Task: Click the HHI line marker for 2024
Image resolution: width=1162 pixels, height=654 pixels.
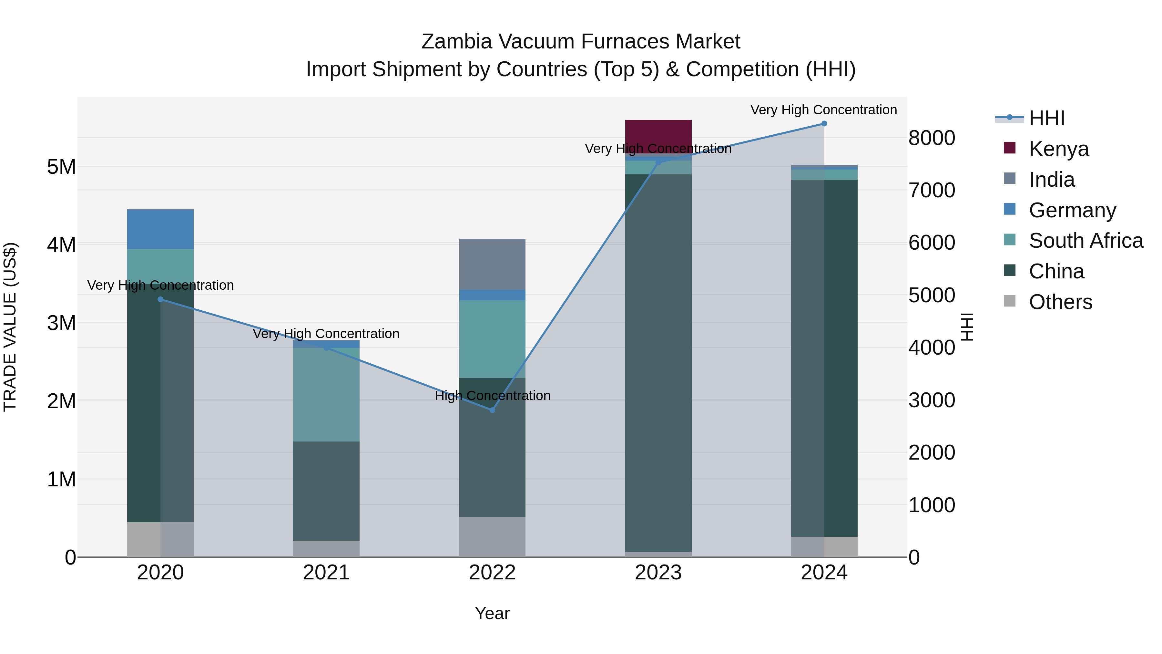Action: tap(824, 124)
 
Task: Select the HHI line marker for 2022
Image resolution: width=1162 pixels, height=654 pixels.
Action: tap(492, 410)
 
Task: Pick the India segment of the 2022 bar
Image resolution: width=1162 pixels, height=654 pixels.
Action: tap(492, 264)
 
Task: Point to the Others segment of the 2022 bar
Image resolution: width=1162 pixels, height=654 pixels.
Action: tap(492, 537)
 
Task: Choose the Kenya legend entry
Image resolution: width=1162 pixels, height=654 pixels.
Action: tap(1058, 149)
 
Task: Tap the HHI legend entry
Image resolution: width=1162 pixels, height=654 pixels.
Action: tap(1046, 118)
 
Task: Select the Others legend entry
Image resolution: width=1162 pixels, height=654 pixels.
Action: tap(1060, 302)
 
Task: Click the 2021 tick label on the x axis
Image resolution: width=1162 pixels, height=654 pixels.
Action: tap(326, 573)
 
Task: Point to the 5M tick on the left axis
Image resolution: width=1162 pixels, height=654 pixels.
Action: tap(61, 167)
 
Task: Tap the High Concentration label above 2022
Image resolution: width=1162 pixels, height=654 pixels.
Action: tap(493, 396)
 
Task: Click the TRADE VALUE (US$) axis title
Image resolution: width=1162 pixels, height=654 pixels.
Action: tap(10, 327)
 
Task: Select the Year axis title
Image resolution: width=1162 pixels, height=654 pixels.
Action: tap(492, 613)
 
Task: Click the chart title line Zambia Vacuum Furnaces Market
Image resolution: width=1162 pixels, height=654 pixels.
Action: tap(581, 42)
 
